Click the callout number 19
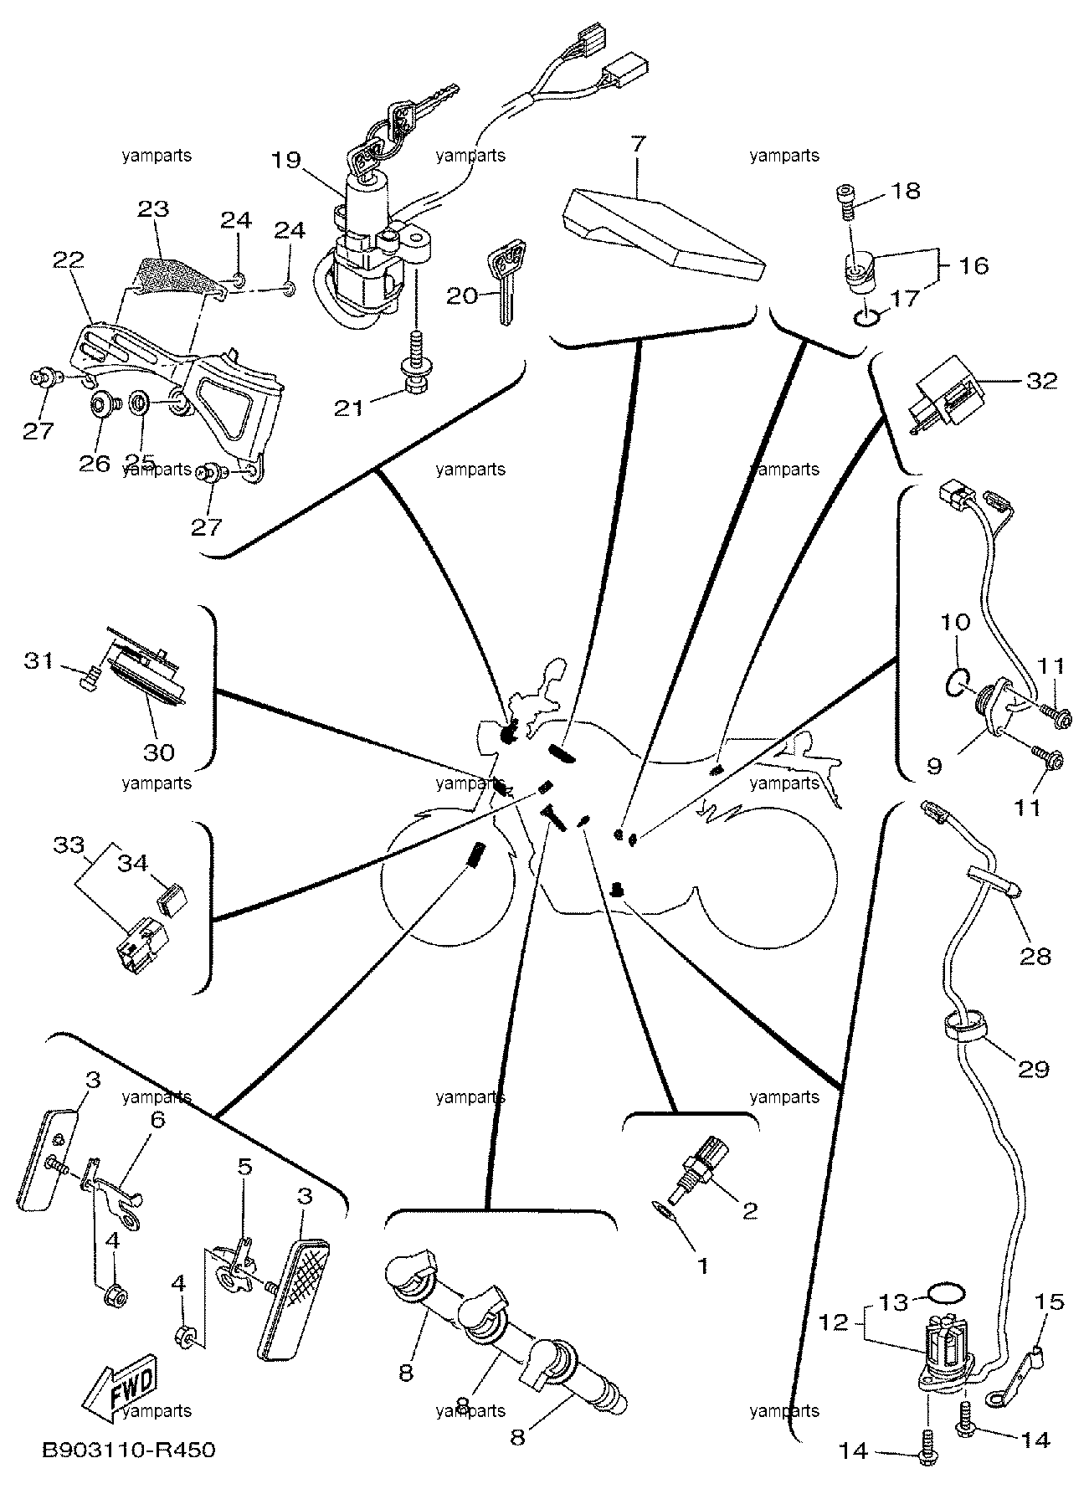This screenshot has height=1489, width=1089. click(x=286, y=160)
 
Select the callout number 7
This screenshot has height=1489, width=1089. click(x=638, y=143)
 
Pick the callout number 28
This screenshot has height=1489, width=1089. click(x=1035, y=955)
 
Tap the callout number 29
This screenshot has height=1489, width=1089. click(x=1033, y=1069)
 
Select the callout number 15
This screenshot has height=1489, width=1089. click(x=1050, y=1302)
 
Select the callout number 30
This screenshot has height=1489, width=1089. click(x=159, y=752)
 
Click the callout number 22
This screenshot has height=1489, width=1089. click(x=68, y=259)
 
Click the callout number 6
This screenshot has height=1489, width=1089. click(x=158, y=1119)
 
